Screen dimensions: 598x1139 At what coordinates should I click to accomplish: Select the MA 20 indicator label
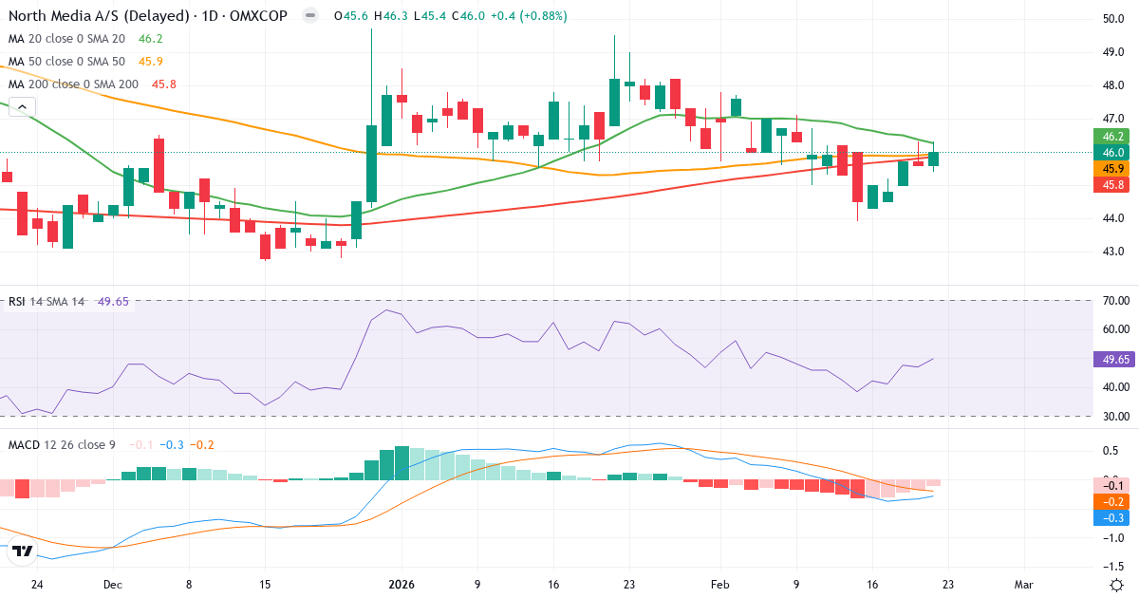point(66,39)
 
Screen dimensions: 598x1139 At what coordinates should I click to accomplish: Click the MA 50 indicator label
point(66,62)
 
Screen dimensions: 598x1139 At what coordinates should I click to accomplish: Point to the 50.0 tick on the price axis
point(1113,19)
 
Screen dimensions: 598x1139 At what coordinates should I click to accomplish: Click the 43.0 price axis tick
point(1113,252)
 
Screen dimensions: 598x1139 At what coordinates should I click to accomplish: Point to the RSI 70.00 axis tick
point(1112,301)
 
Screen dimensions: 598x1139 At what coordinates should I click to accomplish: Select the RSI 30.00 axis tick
point(1112,416)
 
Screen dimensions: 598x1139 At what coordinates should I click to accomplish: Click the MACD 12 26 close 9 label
point(62,444)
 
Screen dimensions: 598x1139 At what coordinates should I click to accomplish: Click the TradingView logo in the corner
point(24,551)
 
